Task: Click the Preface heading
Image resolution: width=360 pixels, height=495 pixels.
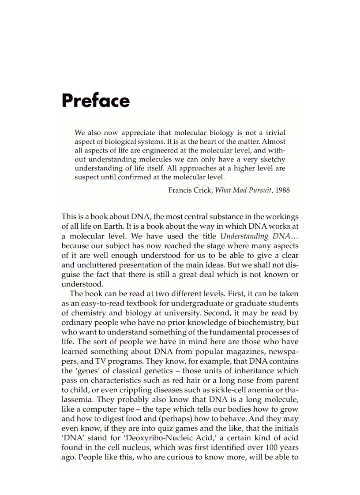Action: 96,100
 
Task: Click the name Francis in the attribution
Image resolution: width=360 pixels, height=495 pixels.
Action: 180,190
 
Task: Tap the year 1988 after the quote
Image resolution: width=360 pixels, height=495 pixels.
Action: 282,190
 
